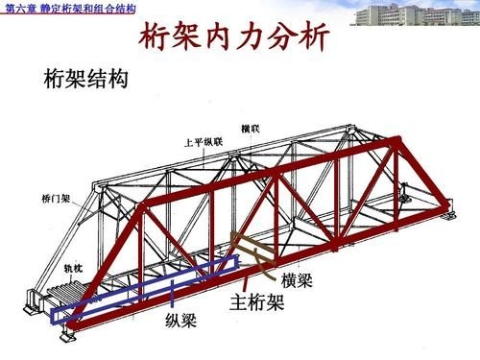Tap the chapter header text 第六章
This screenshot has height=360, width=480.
21,9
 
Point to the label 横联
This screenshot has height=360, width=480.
252,128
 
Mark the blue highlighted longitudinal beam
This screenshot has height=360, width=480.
144,288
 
